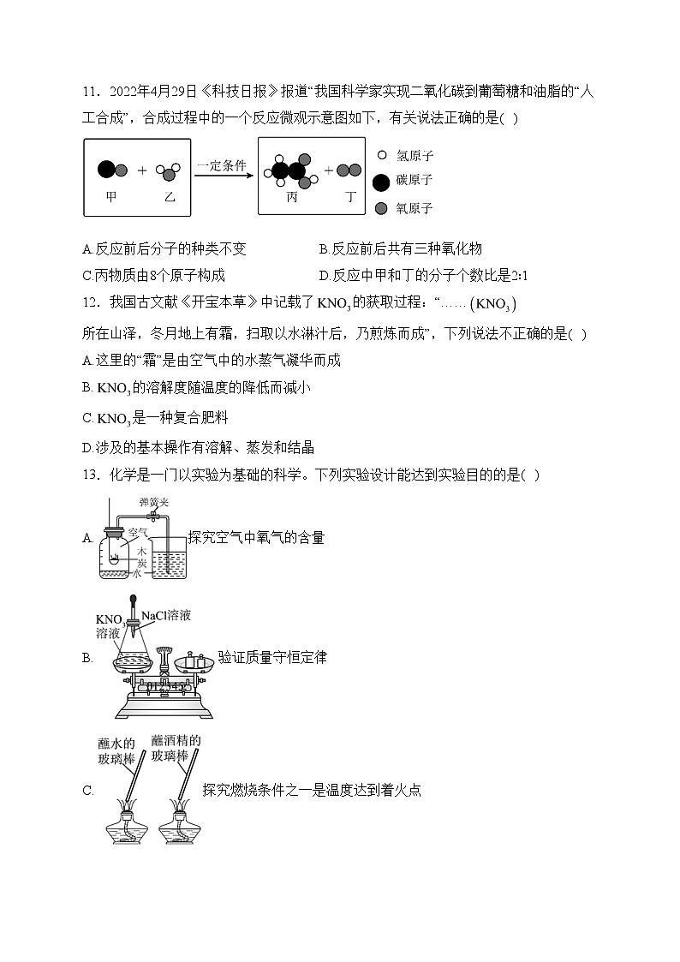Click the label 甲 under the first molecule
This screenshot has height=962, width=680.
(x=110, y=196)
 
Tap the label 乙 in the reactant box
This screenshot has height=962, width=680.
(x=170, y=196)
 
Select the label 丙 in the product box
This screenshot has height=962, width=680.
(x=292, y=196)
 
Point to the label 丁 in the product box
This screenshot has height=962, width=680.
(x=349, y=196)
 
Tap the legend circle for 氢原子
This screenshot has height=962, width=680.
(x=381, y=156)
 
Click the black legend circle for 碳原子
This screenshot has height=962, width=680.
(x=381, y=181)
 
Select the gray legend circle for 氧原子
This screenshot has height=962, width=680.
(x=381, y=207)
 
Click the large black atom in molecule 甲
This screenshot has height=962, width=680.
(x=106, y=170)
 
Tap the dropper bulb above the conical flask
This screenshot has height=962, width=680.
(x=134, y=601)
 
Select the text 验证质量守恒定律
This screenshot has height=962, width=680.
(x=272, y=658)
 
